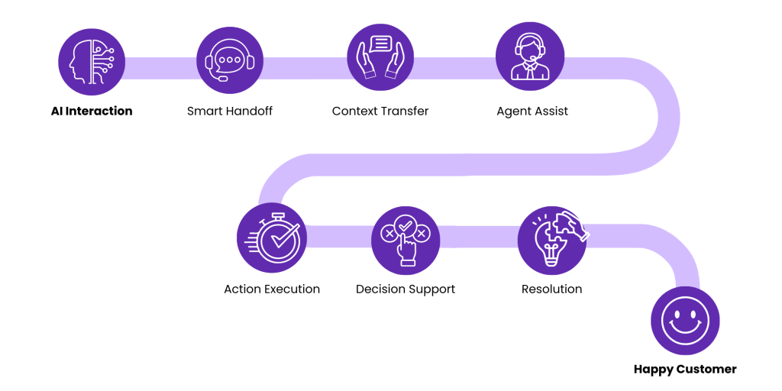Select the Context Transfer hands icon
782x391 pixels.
[380, 57]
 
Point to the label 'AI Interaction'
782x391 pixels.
[92, 111]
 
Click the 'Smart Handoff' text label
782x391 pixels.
[230, 111]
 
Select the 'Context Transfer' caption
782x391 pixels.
[380, 111]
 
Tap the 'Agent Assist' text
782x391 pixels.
[532, 111]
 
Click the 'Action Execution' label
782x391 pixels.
[272, 289]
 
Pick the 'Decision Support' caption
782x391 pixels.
[406, 289]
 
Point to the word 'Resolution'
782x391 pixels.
[551, 289]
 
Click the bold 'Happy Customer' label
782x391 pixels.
[685, 370]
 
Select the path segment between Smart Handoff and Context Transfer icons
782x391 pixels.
[305, 67]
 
